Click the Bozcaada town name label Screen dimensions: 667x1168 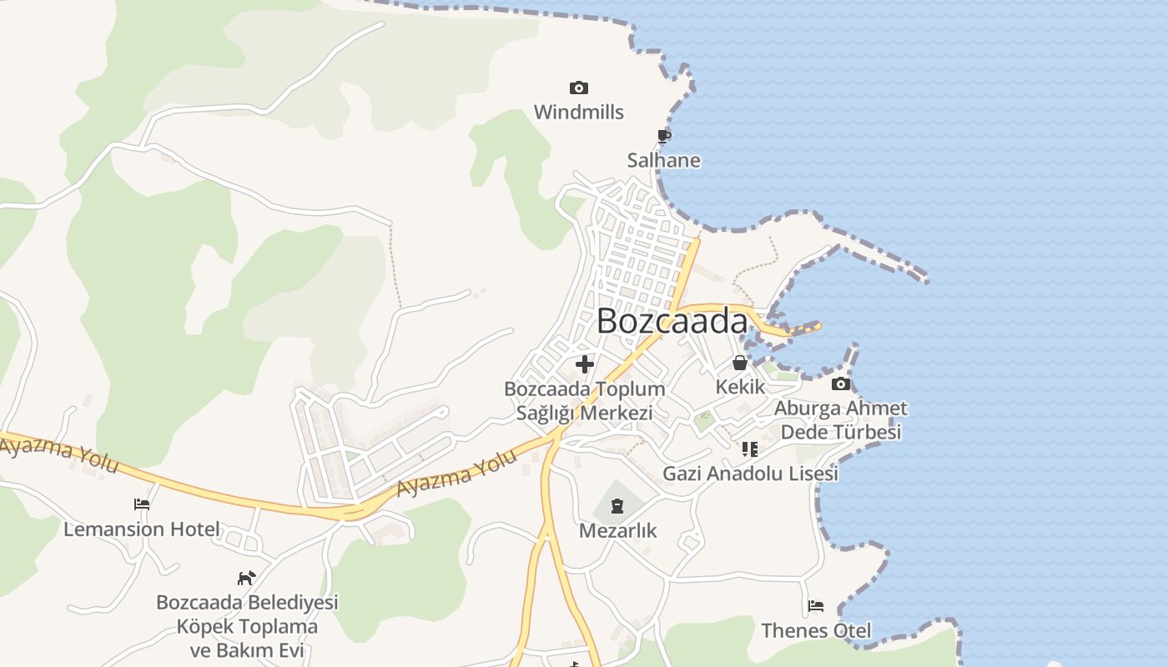pyautogui.click(x=672, y=321)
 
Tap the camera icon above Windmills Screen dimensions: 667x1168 pyautogui.click(x=578, y=88)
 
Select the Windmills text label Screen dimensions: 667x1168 pyautogui.click(x=578, y=112)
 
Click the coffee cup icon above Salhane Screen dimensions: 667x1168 pyautogui.click(x=664, y=136)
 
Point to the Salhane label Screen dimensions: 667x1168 pyautogui.click(x=664, y=160)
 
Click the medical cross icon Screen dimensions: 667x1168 pyautogui.click(x=585, y=364)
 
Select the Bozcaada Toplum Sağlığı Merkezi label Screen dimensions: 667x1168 pyautogui.click(x=585, y=400)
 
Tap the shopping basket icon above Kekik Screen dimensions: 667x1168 pyautogui.click(x=740, y=363)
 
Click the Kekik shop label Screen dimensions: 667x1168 pyautogui.click(x=740, y=387)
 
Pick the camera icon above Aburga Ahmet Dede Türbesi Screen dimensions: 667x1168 pyautogui.click(x=841, y=384)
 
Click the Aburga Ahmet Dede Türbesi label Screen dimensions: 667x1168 pyautogui.click(x=841, y=420)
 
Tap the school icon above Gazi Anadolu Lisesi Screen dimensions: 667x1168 pyautogui.click(x=750, y=449)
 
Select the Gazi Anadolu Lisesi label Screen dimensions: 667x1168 pyautogui.click(x=750, y=474)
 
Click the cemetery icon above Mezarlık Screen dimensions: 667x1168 pyautogui.click(x=617, y=505)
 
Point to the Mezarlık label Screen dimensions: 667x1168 pyautogui.click(x=618, y=530)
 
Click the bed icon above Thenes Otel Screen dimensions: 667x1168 pyautogui.click(x=816, y=606)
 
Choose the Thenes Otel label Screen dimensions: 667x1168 pyautogui.click(x=816, y=630)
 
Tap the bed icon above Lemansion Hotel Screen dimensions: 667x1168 pyautogui.click(x=142, y=504)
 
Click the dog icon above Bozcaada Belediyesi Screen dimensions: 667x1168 pyautogui.click(x=246, y=577)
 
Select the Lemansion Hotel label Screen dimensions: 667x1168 pyautogui.click(x=142, y=529)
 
